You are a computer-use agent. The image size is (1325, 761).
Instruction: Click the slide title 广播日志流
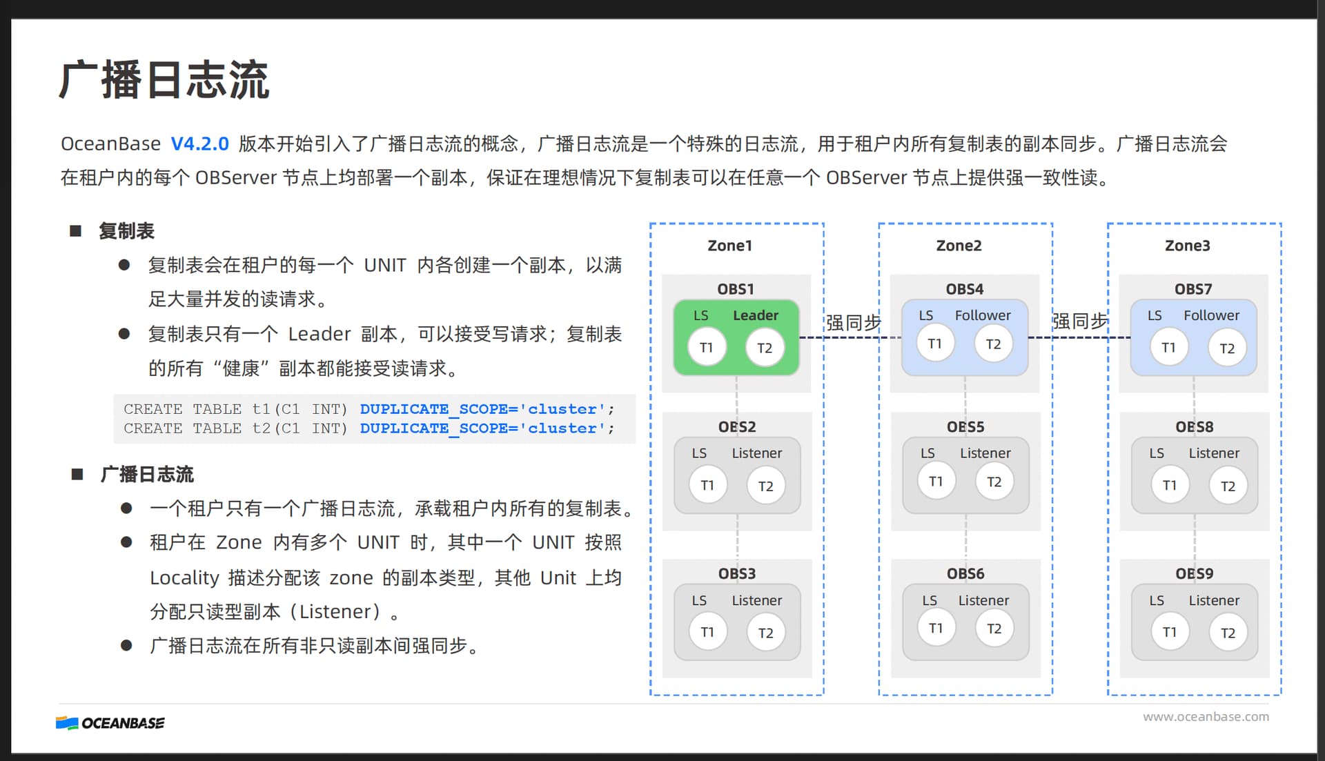coord(164,80)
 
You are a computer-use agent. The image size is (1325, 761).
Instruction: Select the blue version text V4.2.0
coord(199,144)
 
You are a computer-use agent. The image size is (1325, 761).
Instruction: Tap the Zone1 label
coord(729,246)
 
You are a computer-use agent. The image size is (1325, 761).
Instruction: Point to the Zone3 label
coord(1187,246)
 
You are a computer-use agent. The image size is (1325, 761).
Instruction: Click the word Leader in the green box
coord(755,315)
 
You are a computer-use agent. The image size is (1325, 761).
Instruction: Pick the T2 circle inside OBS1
coord(765,348)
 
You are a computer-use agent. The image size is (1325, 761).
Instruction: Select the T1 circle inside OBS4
coord(935,344)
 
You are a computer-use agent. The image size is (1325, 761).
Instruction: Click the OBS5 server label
coord(965,427)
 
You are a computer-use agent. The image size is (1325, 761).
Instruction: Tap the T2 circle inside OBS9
coord(1228,633)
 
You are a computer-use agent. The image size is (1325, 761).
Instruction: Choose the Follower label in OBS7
coord(1211,315)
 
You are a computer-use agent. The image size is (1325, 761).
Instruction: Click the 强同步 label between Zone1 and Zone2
coord(854,322)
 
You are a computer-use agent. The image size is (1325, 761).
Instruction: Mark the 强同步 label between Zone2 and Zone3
coord(1080,321)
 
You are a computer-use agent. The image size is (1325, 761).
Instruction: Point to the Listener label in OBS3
coord(757,600)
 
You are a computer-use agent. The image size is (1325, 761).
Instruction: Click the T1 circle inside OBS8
coord(1170,486)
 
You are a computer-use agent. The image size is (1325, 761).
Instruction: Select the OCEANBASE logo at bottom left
coord(110,723)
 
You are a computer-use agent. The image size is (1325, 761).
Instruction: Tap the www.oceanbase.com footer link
coord(1206,717)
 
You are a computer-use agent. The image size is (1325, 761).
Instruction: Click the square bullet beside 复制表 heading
coord(76,231)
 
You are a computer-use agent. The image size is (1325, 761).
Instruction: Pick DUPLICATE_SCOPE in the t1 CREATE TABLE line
coord(438,409)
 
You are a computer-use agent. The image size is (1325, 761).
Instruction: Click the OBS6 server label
coord(965,574)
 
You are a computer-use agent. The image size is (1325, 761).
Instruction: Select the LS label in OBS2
coord(699,453)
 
